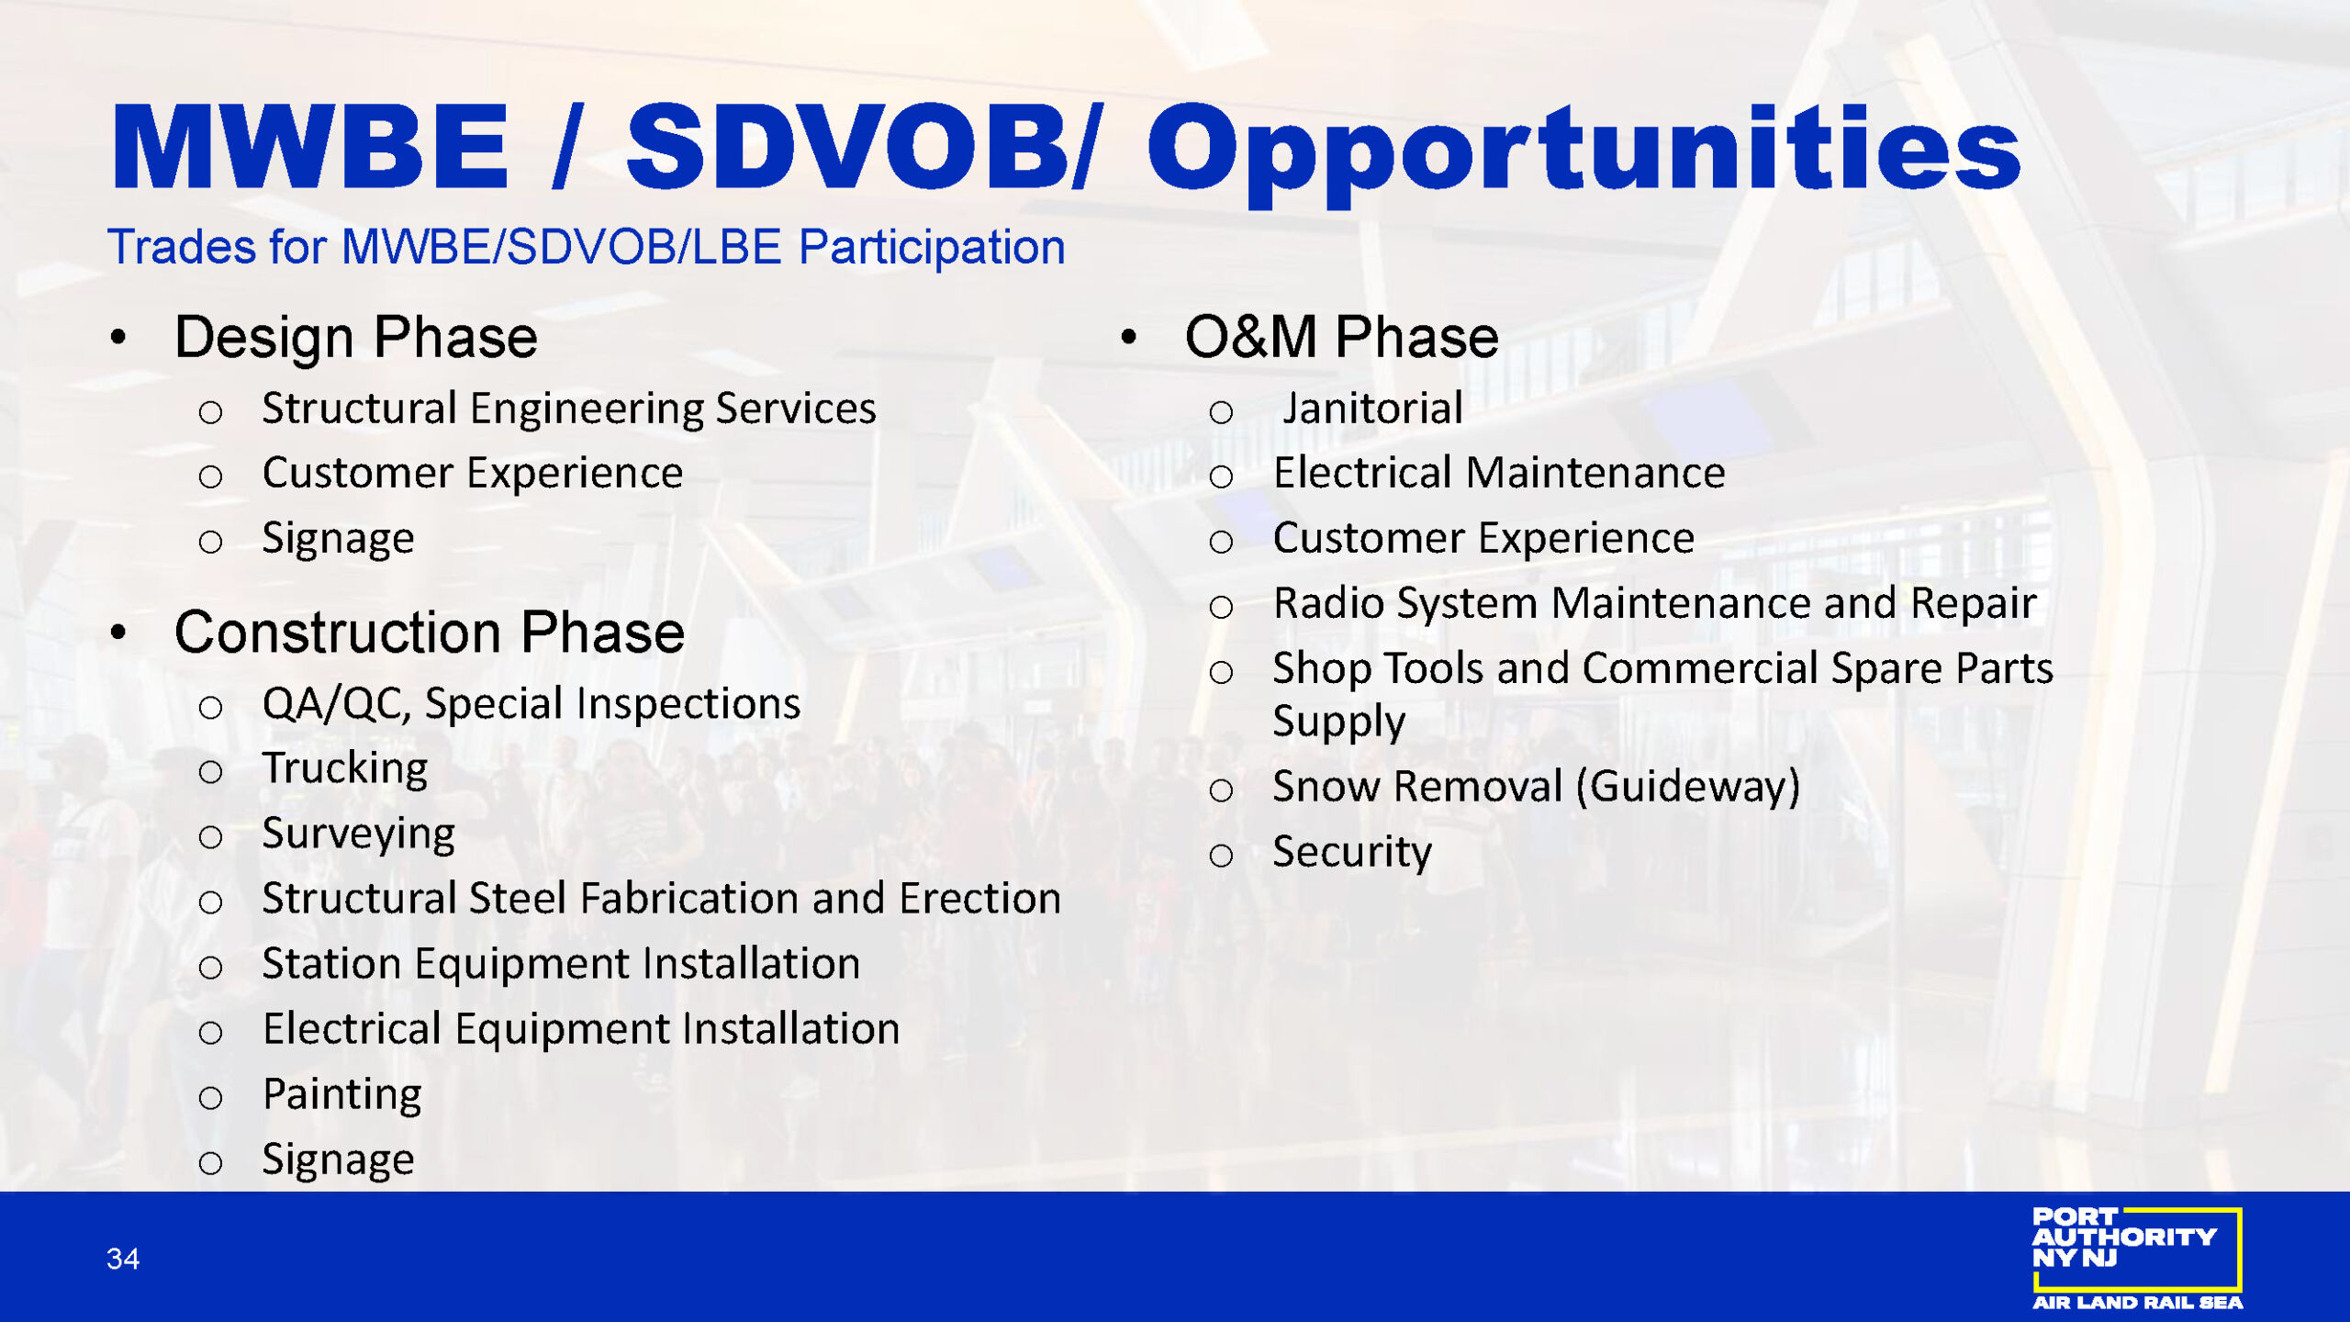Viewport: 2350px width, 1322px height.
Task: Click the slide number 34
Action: click(x=123, y=1258)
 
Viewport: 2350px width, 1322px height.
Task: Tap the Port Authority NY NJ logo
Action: click(x=2137, y=1258)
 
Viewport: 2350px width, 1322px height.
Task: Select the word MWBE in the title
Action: click(x=309, y=147)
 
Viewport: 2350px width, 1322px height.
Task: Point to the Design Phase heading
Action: click(x=356, y=338)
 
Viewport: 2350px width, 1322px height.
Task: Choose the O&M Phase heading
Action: click(x=1341, y=337)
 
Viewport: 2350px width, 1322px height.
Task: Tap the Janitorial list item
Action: click(x=1372, y=408)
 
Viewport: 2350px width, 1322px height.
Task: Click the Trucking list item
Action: click(x=345, y=768)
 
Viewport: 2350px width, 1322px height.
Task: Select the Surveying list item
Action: click(x=358, y=835)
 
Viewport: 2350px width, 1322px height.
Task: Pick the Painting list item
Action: click(x=342, y=1095)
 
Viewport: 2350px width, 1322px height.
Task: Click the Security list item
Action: click(x=1352, y=853)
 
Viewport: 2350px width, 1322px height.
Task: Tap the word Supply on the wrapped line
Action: click(x=1338, y=723)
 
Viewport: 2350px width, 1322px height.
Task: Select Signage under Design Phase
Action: click(x=338, y=539)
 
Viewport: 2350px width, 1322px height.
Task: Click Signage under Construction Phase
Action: click(x=338, y=1160)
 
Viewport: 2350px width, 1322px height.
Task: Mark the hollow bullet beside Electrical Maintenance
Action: click(x=1221, y=476)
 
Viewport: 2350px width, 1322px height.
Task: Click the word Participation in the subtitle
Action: click(x=932, y=248)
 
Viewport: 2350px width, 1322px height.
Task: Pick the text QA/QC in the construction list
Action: click(x=334, y=704)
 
